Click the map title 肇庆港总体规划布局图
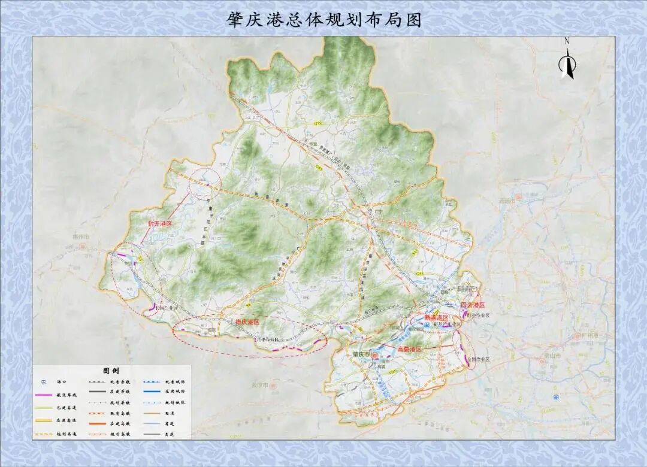pyautogui.click(x=324, y=20)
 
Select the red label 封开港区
pyautogui.click(x=160, y=223)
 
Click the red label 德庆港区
pyautogui.click(x=247, y=322)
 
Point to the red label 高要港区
pyautogui.click(x=410, y=348)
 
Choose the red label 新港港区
pyautogui.click(x=437, y=317)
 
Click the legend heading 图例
pyautogui.click(x=111, y=371)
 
